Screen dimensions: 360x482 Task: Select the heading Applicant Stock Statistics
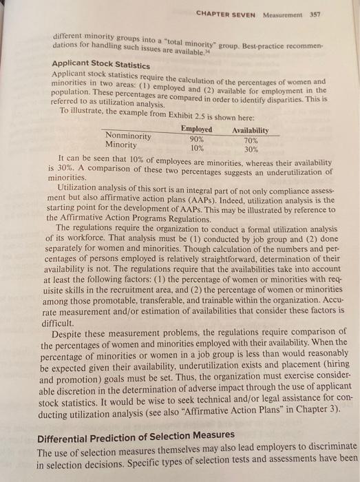[99, 61]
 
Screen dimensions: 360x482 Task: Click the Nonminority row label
[130, 136]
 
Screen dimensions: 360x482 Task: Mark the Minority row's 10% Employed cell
[197, 147]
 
